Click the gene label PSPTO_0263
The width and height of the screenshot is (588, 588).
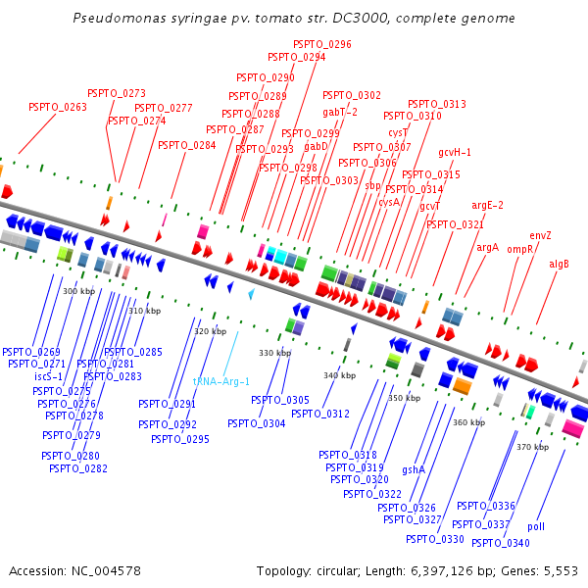58,107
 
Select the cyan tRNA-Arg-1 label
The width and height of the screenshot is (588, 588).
221,381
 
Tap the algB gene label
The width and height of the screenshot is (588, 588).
559,264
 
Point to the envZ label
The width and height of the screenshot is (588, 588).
541,235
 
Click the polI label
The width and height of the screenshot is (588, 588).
536,526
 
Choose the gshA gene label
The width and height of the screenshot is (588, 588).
414,469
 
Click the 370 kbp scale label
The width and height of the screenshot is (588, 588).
532,446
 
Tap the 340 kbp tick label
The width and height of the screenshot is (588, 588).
339,375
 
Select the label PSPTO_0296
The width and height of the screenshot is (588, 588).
322,44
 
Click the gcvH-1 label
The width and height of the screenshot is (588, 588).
455,152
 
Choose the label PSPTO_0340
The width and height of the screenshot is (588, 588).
500,543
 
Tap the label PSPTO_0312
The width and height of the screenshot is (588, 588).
320,413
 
